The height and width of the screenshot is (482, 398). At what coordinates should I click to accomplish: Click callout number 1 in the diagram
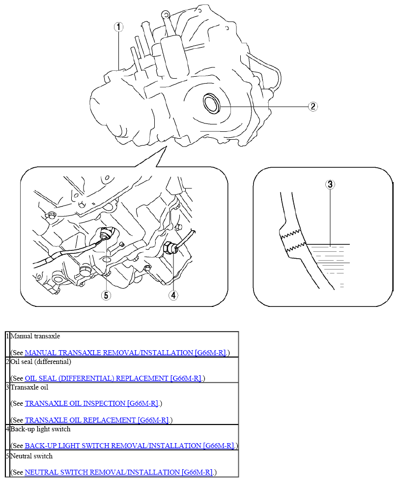[x=118, y=27]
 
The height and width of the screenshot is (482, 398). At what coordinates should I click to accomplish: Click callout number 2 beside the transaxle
[x=313, y=106]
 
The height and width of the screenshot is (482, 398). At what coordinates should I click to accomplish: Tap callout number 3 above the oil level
[x=330, y=184]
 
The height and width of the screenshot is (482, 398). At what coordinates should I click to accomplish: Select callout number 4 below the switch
[x=173, y=295]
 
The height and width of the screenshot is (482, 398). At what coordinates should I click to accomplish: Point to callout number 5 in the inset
[x=106, y=295]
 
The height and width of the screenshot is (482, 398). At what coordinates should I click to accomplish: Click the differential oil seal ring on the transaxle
[x=212, y=103]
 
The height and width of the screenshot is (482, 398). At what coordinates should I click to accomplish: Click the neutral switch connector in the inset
[x=107, y=234]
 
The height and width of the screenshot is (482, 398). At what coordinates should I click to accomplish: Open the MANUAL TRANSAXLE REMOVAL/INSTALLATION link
[x=125, y=353]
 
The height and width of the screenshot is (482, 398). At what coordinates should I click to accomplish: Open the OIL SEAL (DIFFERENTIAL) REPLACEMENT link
[x=113, y=378]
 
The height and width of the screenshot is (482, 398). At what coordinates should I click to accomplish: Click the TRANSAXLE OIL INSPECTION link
[x=91, y=403]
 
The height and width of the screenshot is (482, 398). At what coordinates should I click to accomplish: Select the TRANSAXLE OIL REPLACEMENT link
[x=97, y=420]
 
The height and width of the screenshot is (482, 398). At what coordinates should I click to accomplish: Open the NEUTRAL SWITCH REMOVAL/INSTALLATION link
[x=119, y=472]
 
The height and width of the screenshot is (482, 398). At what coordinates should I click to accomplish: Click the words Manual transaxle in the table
[x=35, y=336]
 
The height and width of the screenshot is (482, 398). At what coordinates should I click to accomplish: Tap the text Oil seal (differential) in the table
[x=41, y=361]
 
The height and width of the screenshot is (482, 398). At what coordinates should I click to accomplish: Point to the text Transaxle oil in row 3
[x=29, y=387]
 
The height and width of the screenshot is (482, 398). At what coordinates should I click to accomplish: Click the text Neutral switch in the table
[x=31, y=456]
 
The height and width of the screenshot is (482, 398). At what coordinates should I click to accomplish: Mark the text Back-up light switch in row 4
[x=40, y=429]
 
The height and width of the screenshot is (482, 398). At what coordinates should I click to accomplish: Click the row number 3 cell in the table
[x=8, y=403]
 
